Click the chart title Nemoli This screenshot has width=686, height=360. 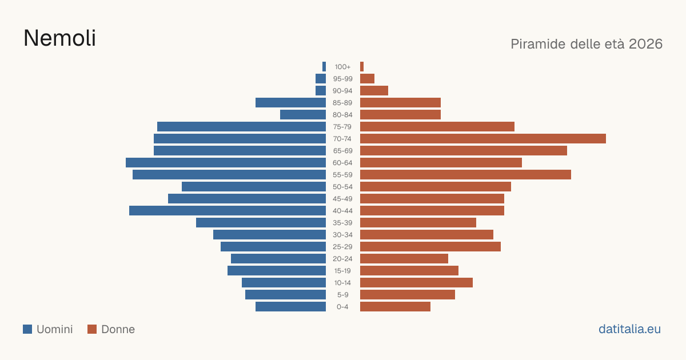pyautogui.click(x=59, y=38)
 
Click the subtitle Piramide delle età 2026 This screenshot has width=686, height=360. pyautogui.click(x=587, y=44)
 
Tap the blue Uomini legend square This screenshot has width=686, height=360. pyautogui.click(x=27, y=329)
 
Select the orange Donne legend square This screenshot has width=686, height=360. pyautogui.click(x=92, y=329)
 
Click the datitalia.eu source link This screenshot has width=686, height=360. pyautogui.click(x=629, y=329)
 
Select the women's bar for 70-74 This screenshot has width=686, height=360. pyautogui.click(x=483, y=139)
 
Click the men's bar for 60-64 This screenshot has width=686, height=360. pyautogui.click(x=226, y=162)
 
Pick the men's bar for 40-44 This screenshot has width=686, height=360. pyautogui.click(x=228, y=211)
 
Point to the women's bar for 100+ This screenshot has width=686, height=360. pyautogui.click(x=362, y=67)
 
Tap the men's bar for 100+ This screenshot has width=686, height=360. pyautogui.click(x=324, y=67)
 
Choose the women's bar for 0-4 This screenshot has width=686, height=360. pyautogui.click(x=396, y=307)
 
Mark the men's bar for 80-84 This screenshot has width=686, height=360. pyautogui.click(x=303, y=115)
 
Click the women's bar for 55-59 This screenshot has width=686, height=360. pyautogui.click(x=465, y=175)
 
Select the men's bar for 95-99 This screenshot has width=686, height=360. pyautogui.click(x=321, y=79)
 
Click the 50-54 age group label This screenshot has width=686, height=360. pyautogui.click(x=342, y=187)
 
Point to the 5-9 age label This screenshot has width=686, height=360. pyautogui.click(x=342, y=295)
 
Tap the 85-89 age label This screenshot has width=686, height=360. pyautogui.click(x=342, y=103)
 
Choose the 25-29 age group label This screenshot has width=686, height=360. pyautogui.click(x=342, y=247)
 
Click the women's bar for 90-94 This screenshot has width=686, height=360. pyautogui.click(x=374, y=91)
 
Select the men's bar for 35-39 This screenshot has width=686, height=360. pyautogui.click(x=261, y=222)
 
